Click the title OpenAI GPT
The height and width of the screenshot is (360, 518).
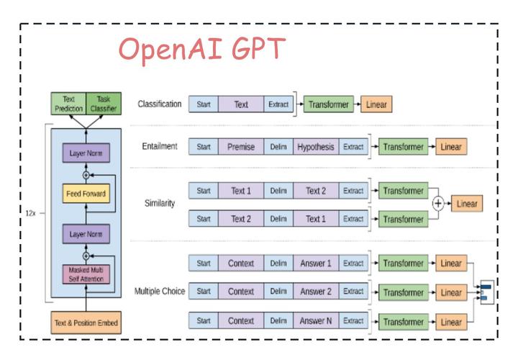[x=201, y=50]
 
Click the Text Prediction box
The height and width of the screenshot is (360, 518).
[x=68, y=104]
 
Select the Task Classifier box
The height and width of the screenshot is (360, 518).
[x=103, y=104]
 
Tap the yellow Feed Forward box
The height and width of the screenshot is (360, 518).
[x=86, y=193]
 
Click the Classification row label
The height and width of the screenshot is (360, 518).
[x=160, y=104]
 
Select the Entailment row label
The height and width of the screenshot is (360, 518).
[x=160, y=147]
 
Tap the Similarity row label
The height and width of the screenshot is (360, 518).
[x=160, y=204]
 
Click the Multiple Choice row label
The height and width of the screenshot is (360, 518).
[x=160, y=292]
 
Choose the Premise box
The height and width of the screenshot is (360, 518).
[x=241, y=147]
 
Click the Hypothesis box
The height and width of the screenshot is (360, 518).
[x=315, y=147]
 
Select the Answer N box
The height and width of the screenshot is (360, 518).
[x=315, y=320]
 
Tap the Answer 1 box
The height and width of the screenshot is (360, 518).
[x=315, y=264]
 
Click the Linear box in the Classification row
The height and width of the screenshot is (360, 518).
[x=376, y=104]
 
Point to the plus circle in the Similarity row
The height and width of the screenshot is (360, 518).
[x=437, y=204]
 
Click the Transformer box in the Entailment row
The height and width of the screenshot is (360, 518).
[x=403, y=147]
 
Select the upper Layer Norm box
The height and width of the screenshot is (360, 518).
[x=86, y=153]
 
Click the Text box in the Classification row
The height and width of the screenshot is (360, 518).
[x=241, y=104]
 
